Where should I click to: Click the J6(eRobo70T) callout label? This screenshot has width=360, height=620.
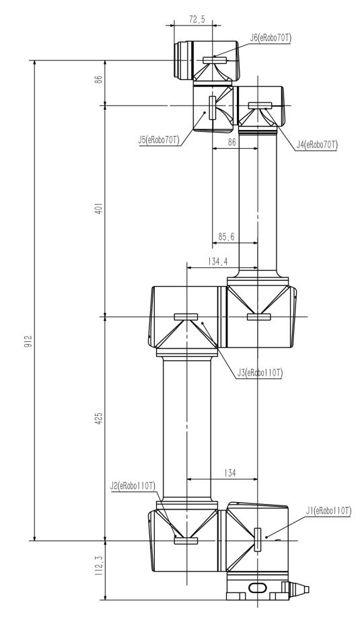271,38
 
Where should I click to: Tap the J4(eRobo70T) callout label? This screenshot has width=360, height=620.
318,145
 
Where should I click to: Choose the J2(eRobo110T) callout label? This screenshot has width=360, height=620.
133,485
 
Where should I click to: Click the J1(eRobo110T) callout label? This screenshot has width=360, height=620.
328,510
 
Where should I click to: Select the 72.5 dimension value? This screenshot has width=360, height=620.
196,20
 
